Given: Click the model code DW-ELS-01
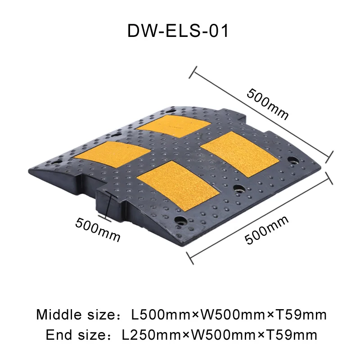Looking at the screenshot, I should point(178,31).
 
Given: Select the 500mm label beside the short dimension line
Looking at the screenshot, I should point(98,229).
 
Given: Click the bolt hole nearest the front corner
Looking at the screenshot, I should point(182,220).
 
